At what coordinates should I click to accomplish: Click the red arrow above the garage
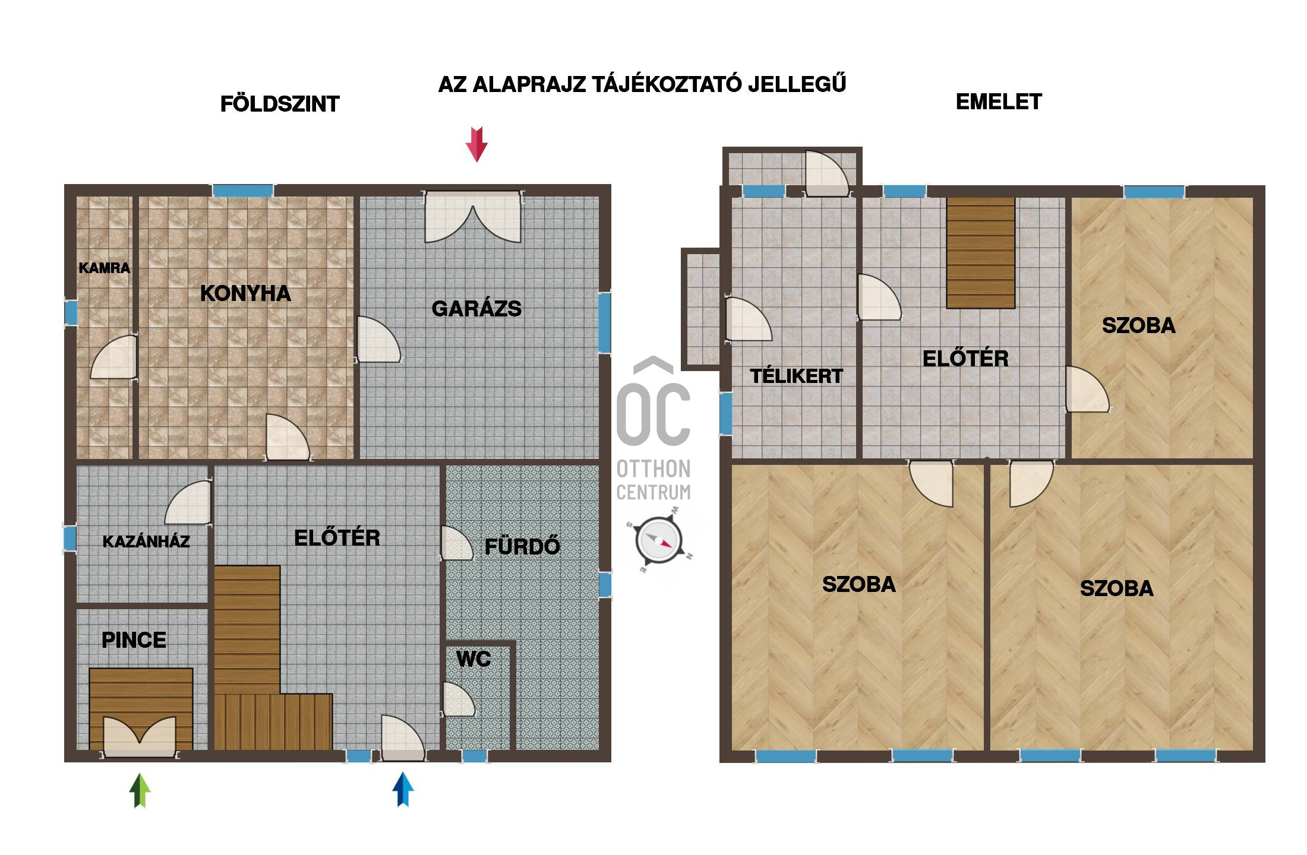coord(476,144)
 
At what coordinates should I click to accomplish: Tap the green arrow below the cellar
coord(140,790)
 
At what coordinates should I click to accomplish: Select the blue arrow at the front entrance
coord(403,789)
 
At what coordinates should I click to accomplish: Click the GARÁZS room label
coord(476,309)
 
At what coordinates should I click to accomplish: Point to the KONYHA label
coord(245,293)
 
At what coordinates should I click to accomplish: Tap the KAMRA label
coord(105,268)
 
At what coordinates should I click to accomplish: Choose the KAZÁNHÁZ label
coord(146,541)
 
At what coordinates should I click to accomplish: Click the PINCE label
coord(134,640)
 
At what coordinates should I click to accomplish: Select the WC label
coord(473,659)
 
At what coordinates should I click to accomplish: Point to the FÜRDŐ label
coord(522,546)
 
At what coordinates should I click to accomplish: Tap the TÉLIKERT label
coord(797,376)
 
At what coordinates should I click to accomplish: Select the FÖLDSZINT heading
coord(280,104)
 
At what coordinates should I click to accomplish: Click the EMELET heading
coord(999,102)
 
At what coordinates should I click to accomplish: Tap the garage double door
coord(473,217)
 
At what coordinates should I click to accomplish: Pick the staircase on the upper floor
coord(981,253)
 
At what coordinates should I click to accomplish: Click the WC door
coord(458,699)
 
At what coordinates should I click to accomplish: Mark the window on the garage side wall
coord(605,323)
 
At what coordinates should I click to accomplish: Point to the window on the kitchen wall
coord(243,191)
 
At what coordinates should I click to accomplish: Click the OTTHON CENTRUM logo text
coord(653,480)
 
